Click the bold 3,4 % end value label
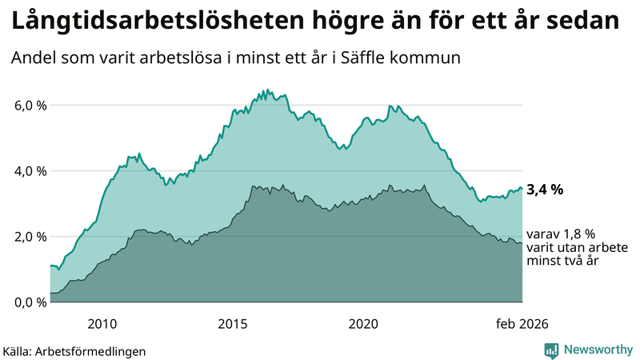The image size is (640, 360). tap(545, 190)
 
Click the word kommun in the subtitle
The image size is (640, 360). tap(434, 58)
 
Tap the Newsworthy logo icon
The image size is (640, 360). tap(551, 350)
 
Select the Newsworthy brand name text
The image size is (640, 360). tap(596, 350)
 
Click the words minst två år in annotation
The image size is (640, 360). tap(559, 261)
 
